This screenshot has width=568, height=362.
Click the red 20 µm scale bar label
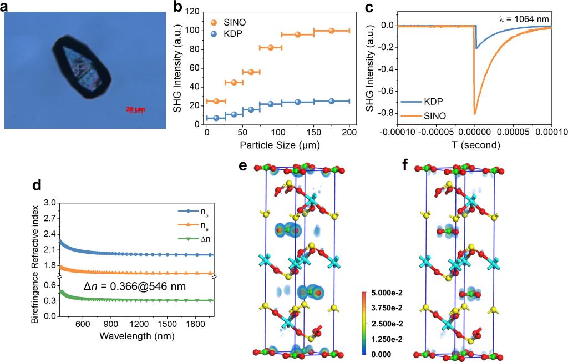tap(135, 109)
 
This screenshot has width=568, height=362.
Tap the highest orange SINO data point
tap(332, 31)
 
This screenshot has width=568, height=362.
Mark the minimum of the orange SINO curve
tap(475, 113)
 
